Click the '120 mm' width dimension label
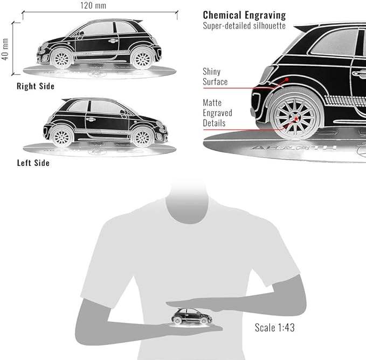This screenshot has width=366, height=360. click(x=93, y=5)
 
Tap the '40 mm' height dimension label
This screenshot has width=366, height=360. click(x=5, y=49)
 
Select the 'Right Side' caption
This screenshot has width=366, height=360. click(x=36, y=86)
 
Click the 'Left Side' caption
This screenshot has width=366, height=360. click(x=33, y=162)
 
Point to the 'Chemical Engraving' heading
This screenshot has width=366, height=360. click(x=244, y=15)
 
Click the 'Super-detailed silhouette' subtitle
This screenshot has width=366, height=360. click(x=244, y=25)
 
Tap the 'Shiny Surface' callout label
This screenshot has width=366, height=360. click(x=215, y=77)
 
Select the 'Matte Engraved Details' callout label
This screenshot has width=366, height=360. click(x=217, y=113)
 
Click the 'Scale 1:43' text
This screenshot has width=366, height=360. click(x=274, y=327)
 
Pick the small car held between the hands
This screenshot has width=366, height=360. click(x=191, y=316)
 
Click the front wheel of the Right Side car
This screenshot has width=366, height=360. click(x=142, y=58)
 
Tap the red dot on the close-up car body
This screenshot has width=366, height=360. click(x=287, y=79)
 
